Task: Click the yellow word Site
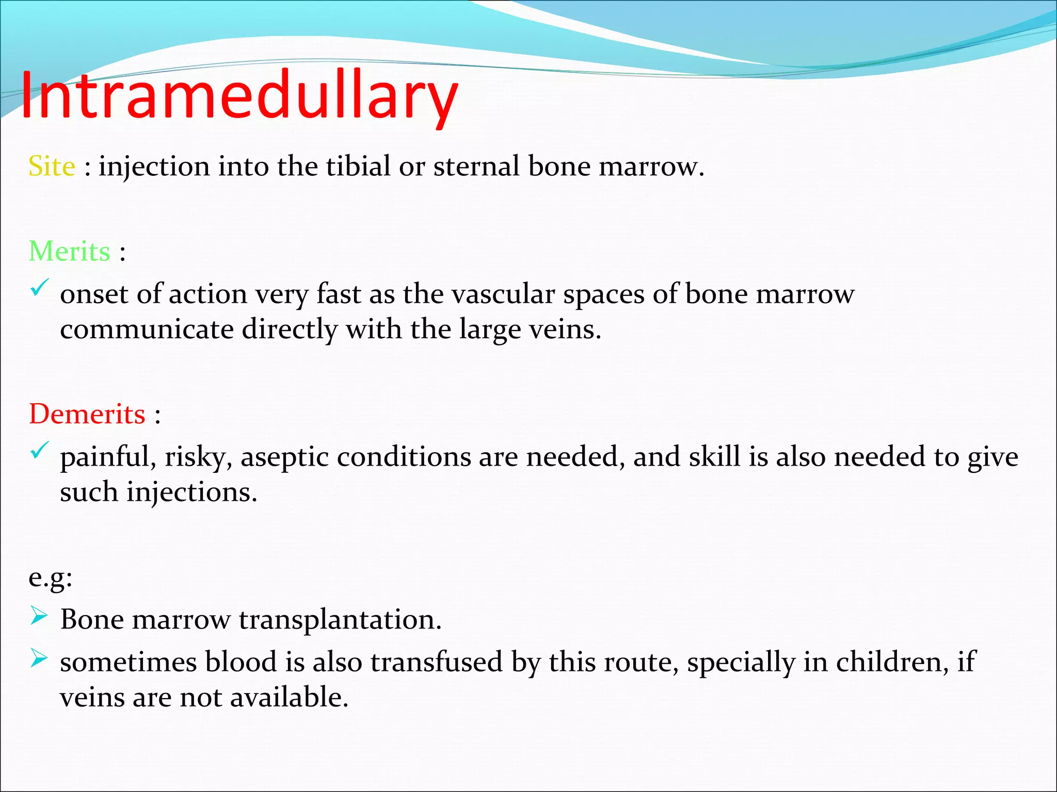click(x=52, y=167)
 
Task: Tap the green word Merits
click(x=70, y=252)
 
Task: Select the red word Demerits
click(x=87, y=414)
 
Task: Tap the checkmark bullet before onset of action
click(x=39, y=287)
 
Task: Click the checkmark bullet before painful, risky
click(x=39, y=450)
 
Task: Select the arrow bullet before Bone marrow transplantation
click(x=39, y=616)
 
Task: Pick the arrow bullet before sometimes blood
click(x=39, y=658)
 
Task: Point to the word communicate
click(x=147, y=329)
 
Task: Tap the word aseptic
click(x=284, y=457)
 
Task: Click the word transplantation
click(x=340, y=620)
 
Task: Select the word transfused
click(x=436, y=662)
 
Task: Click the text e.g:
click(x=51, y=577)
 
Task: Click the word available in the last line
click(x=289, y=698)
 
